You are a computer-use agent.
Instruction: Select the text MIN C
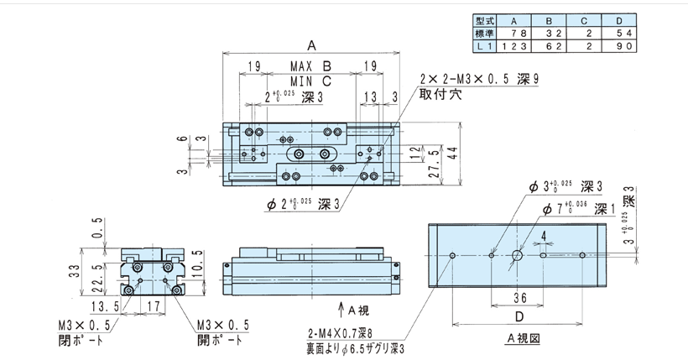312,81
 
